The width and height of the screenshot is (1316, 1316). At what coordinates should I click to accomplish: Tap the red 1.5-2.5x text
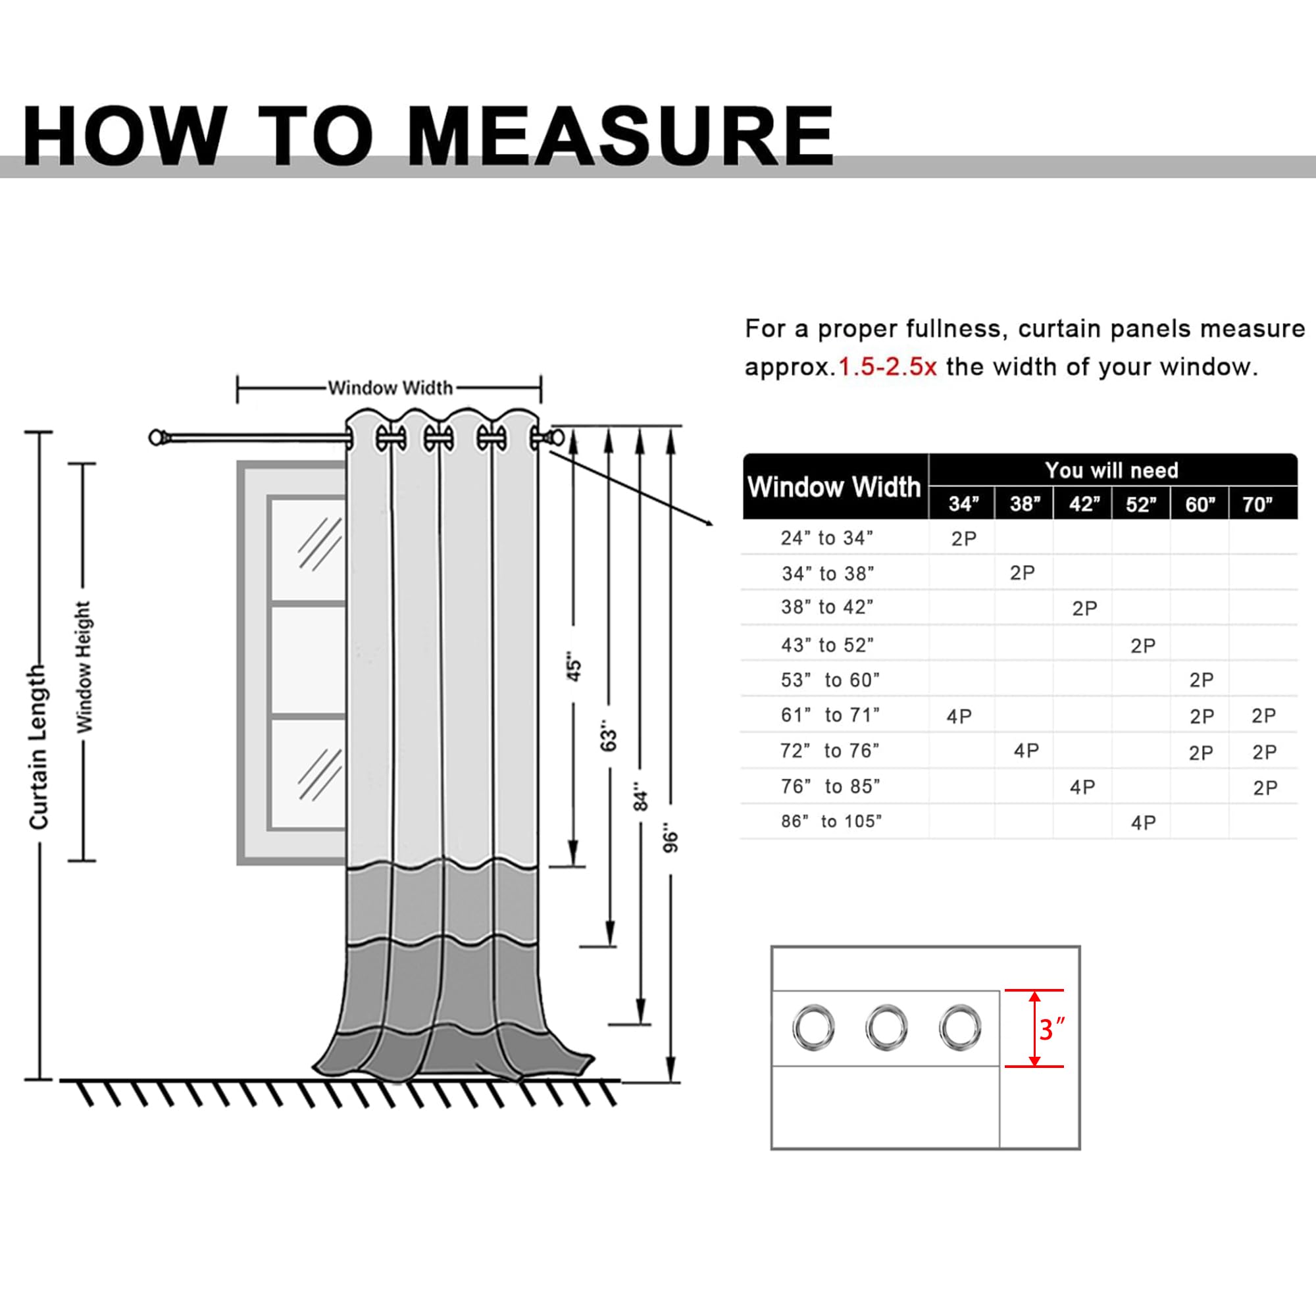pos(887,367)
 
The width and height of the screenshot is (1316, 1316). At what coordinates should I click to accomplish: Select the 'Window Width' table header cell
pos(834,487)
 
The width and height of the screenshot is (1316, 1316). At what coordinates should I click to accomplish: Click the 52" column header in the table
pos(1141,504)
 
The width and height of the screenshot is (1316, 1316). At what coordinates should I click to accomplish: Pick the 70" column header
pos(1257,504)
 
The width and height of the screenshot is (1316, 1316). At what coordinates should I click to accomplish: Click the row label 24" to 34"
pos(827,538)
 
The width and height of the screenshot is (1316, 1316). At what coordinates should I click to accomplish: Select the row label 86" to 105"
pos(831,821)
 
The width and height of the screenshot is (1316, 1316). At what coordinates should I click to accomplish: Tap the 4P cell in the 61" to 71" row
pos(959,716)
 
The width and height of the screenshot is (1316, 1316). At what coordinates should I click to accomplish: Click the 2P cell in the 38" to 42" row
pos(1084,608)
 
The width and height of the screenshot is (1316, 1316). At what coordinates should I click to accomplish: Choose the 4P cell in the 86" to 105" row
pos(1143,823)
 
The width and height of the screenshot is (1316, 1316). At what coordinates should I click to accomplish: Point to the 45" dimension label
pos(574,670)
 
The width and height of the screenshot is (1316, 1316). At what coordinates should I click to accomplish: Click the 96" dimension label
pos(671,842)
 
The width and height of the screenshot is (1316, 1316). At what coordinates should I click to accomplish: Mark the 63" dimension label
pos(608,740)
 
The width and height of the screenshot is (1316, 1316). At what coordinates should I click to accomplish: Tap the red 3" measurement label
pos(1051,1028)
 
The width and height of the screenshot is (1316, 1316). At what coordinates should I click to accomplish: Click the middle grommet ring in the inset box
pos(886,1027)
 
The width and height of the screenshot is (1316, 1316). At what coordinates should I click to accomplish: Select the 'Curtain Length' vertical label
pos(39,747)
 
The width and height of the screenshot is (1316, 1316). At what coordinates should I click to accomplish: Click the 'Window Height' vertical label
pos(83,667)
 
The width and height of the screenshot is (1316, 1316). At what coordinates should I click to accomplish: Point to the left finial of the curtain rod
pos(157,438)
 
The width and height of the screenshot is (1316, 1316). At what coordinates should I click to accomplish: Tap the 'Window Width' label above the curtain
pos(390,388)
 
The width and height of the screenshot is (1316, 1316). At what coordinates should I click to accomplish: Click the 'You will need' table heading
pos(1111,470)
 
